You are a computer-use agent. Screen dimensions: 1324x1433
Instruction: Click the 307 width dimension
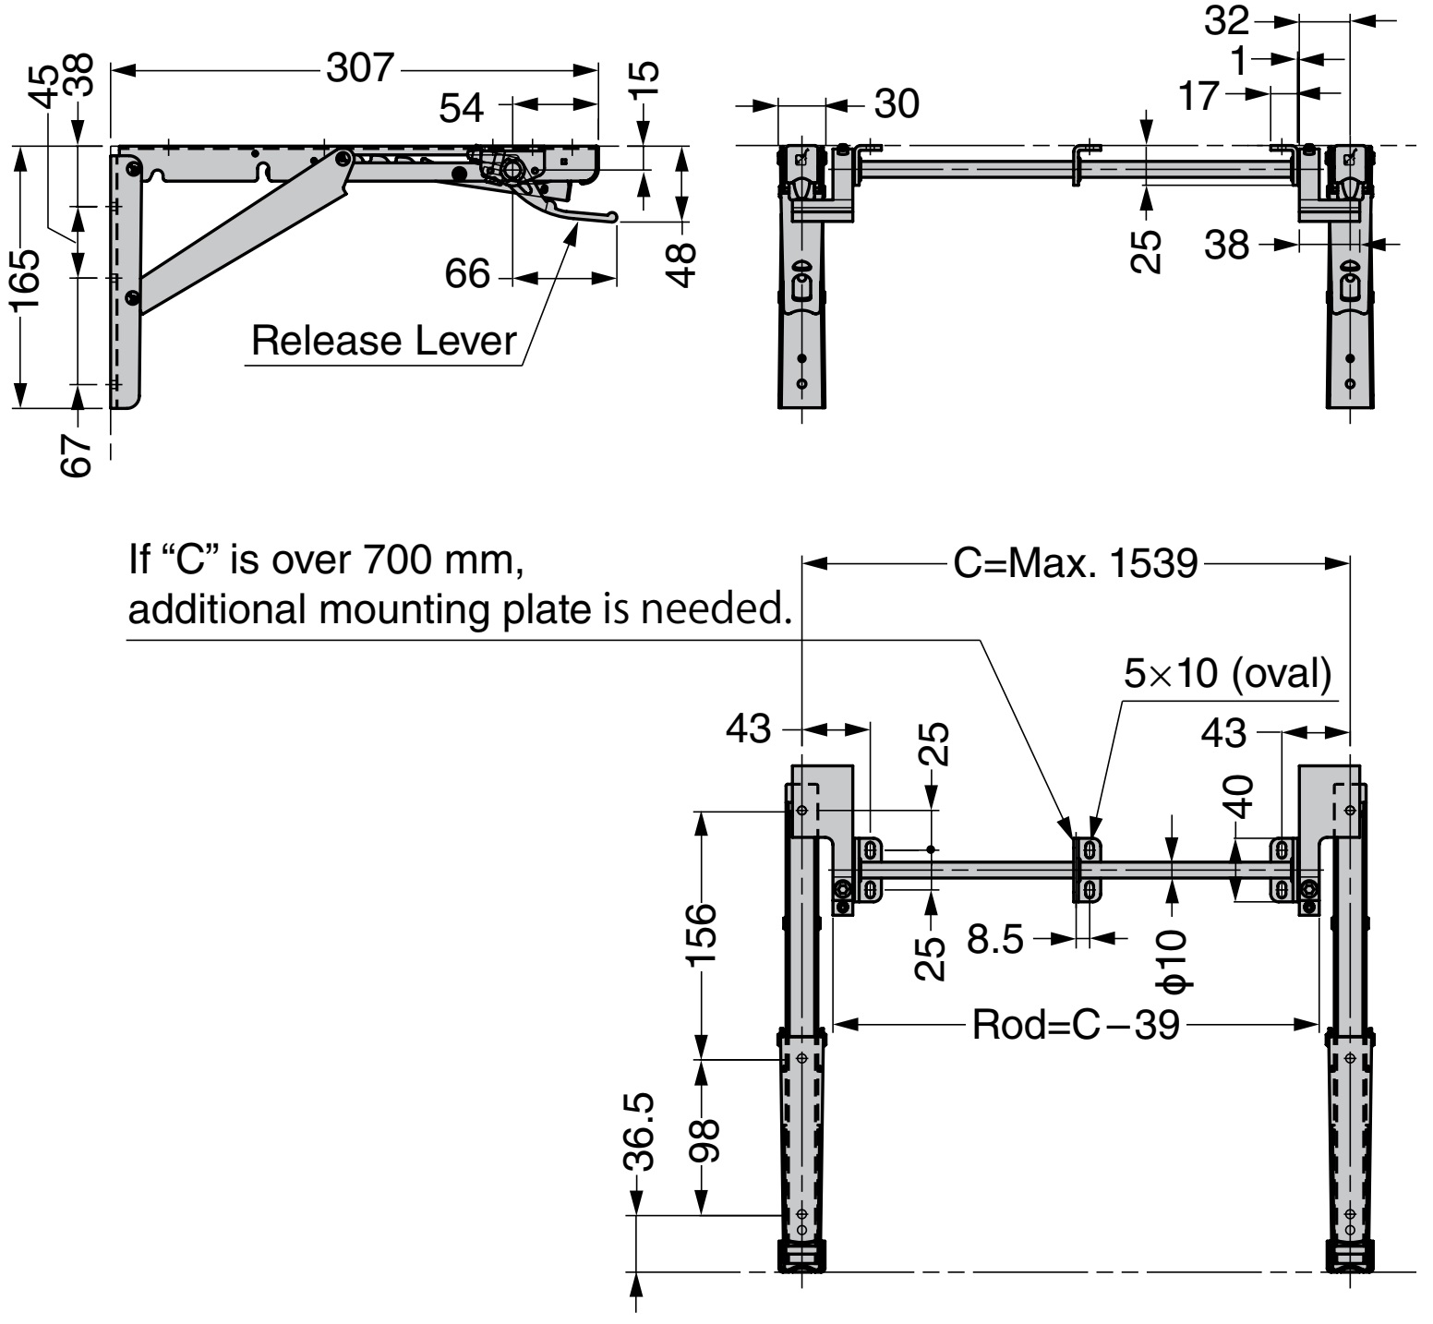click(x=359, y=68)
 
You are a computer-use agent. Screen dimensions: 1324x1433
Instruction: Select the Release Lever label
click(x=383, y=341)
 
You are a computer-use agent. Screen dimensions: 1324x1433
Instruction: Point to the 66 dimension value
click(x=466, y=274)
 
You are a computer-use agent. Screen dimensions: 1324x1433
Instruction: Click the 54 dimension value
click(x=462, y=108)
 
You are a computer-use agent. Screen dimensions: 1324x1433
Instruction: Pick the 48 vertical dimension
click(x=681, y=265)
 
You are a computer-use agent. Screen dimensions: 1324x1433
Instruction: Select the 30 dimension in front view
click(x=896, y=104)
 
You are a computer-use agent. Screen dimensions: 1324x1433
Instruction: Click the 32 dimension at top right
click(x=1227, y=20)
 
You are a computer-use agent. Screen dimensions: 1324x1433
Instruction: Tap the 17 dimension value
click(x=1199, y=96)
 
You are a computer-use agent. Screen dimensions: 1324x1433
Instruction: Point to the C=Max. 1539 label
click(x=1075, y=563)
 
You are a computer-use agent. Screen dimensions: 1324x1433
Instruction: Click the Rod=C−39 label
click(x=1076, y=1025)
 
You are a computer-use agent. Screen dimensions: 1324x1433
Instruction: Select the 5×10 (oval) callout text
click(x=1227, y=674)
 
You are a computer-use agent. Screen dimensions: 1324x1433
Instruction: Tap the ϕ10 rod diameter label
click(x=1175, y=959)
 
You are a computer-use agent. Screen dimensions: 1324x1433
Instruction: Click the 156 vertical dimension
click(x=702, y=933)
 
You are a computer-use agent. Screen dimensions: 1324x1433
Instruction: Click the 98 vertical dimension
click(x=705, y=1139)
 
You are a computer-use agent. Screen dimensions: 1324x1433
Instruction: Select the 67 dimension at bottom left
click(x=78, y=452)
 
